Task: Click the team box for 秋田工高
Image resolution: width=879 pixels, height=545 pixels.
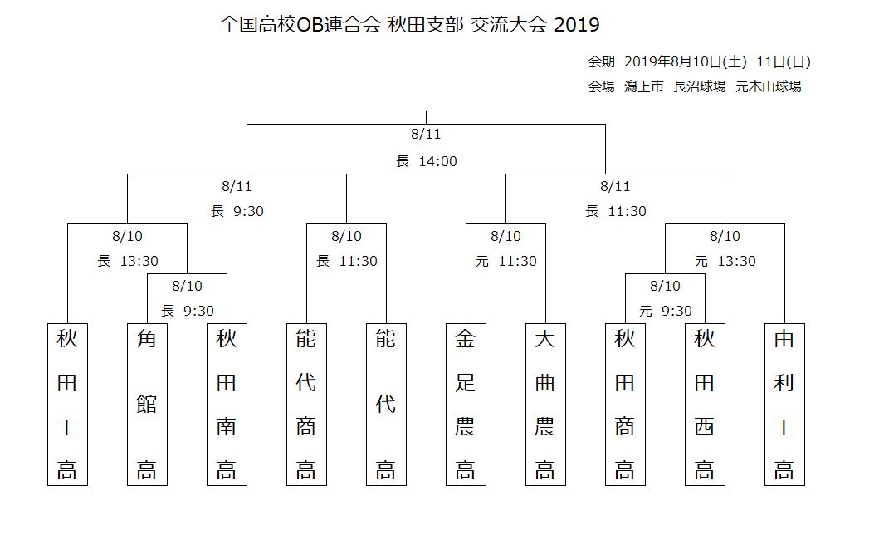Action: click(x=67, y=404)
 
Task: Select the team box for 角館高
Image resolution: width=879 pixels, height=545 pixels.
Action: click(x=147, y=404)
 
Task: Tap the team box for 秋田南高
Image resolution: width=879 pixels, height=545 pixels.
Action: click(x=227, y=404)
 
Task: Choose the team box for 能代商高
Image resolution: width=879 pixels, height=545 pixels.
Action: click(x=306, y=404)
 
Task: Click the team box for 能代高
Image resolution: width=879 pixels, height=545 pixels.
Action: click(x=386, y=404)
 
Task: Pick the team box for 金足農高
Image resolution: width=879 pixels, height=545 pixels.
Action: click(x=466, y=404)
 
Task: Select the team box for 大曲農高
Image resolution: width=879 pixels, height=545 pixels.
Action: click(x=544, y=404)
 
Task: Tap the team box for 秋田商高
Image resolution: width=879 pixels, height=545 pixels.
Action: click(x=625, y=404)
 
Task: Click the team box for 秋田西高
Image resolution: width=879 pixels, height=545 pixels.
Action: click(x=705, y=404)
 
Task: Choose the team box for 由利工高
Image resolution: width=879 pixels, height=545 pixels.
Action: click(x=784, y=404)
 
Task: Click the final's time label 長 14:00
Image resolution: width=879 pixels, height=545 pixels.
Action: click(x=427, y=162)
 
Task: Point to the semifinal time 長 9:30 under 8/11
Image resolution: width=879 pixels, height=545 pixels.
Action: click(x=237, y=211)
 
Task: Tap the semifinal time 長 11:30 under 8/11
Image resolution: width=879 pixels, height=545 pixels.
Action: click(x=616, y=211)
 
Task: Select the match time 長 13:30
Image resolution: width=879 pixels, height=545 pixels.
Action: click(x=128, y=261)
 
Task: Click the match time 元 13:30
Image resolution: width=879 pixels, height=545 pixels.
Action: click(x=725, y=261)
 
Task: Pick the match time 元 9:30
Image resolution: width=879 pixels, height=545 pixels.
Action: click(x=666, y=311)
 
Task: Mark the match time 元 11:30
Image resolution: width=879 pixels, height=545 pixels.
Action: click(x=506, y=261)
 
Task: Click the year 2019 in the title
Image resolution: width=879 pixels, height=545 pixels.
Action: click(x=577, y=25)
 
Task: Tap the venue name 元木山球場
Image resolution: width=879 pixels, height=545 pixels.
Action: click(x=768, y=86)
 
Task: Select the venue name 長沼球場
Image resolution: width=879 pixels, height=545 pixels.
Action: click(x=699, y=86)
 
